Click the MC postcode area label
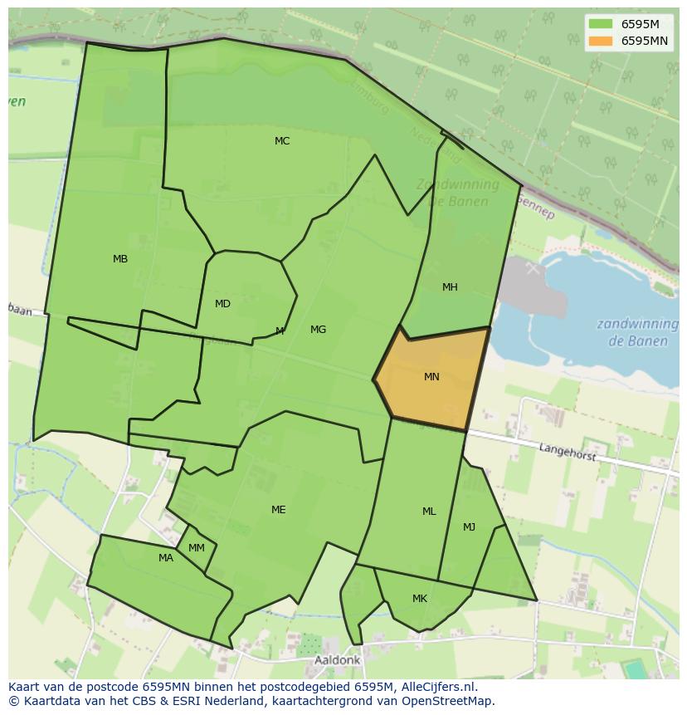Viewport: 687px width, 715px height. (x=282, y=141)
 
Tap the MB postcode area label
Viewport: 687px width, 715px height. (x=120, y=259)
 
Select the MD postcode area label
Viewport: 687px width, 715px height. (x=222, y=304)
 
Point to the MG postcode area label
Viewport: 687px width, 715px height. (x=318, y=330)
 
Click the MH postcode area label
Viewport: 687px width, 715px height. (x=450, y=287)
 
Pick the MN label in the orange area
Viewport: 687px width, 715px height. (x=431, y=377)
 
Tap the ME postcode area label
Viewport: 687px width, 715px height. (x=279, y=510)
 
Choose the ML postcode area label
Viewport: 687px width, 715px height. (x=429, y=512)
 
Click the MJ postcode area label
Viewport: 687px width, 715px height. (x=470, y=527)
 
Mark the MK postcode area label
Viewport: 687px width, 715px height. (x=420, y=599)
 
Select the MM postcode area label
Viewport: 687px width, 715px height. (x=197, y=548)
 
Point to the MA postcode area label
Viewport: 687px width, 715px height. (x=166, y=558)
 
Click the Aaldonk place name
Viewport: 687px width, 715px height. (x=338, y=660)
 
